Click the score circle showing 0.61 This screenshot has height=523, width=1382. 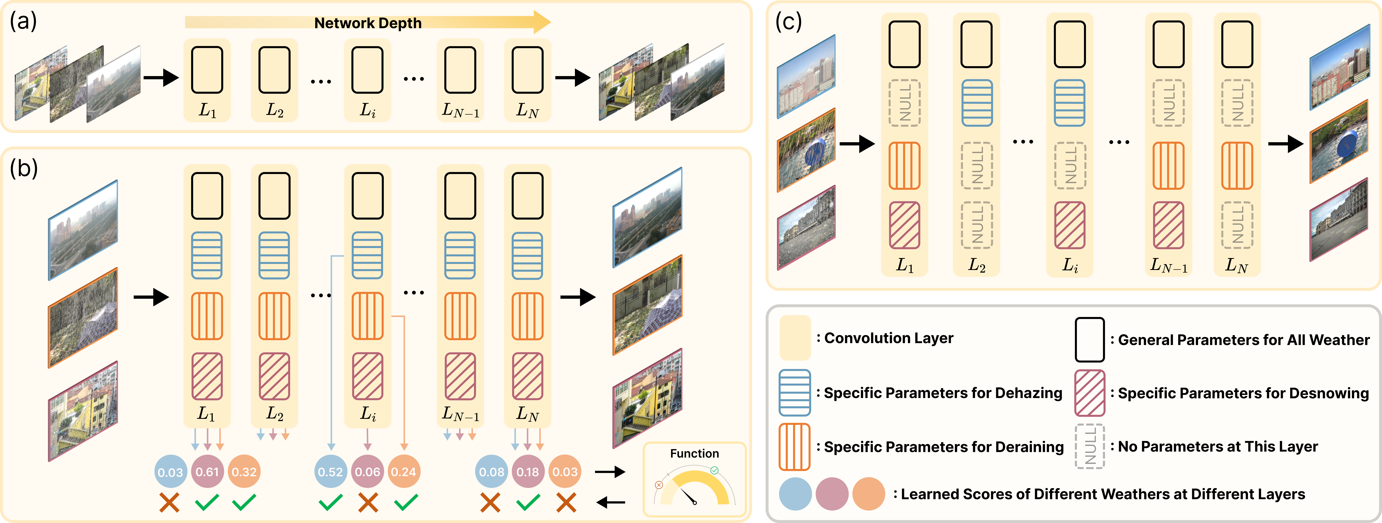coord(207,472)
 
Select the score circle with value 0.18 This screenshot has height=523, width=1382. coord(528,472)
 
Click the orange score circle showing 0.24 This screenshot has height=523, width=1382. coord(403,472)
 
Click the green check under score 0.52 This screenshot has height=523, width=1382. coord(330,503)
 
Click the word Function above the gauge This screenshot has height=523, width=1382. coord(694,454)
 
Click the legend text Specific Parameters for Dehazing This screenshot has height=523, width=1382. coord(943,393)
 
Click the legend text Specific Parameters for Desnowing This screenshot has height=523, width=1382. coord(1243,393)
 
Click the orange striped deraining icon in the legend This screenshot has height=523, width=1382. coord(795,446)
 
